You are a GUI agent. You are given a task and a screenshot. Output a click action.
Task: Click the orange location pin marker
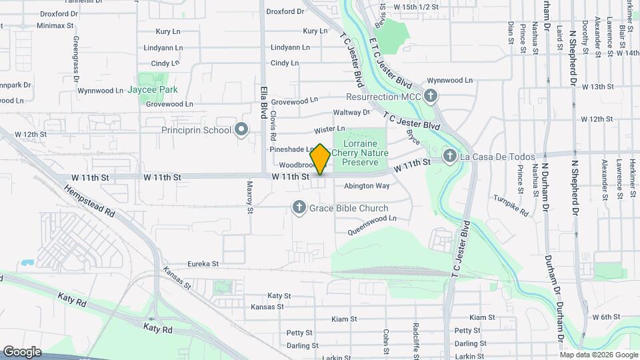tap(320, 159)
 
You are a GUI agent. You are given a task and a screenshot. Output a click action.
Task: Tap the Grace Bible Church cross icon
tap(299, 209)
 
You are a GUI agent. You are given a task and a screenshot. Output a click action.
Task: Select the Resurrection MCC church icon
tap(431, 97)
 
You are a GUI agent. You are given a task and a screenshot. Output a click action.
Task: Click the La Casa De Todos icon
tap(450, 157)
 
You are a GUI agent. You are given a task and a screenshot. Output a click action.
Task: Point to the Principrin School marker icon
tap(241, 130)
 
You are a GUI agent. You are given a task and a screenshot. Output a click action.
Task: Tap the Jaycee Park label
tap(153, 89)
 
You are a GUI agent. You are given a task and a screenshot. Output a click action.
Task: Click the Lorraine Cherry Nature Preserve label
tap(359, 153)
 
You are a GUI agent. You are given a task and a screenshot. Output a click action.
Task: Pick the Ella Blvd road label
tap(264, 97)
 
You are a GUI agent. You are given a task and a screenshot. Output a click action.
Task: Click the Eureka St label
tap(203, 264)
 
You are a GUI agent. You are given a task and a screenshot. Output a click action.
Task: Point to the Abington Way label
tap(367, 186)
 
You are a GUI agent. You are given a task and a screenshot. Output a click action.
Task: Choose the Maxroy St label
tap(250, 197)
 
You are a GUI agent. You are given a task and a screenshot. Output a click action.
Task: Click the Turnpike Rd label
tap(511, 206)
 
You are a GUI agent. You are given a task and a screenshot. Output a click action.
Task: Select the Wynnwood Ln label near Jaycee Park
tap(100, 91)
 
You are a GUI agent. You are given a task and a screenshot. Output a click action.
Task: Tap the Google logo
tap(21, 351)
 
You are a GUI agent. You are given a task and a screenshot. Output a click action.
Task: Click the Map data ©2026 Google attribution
tap(598, 355)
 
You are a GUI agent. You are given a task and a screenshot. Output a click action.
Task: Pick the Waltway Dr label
tap(351, 113)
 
